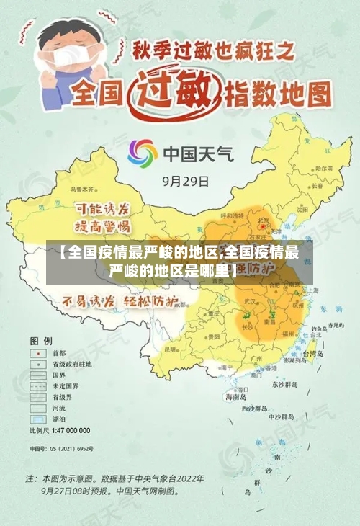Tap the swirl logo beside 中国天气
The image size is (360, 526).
coord(142,153)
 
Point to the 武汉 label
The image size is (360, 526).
coord(251,300)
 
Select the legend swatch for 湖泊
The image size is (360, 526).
coord(37,419)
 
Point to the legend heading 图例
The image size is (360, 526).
coord(41,339)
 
